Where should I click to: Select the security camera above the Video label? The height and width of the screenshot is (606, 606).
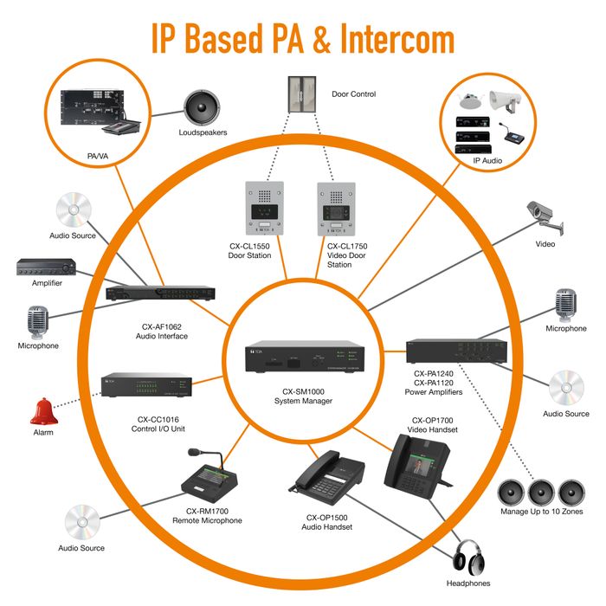[545, 217]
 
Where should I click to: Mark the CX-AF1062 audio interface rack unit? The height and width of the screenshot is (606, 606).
[161, 293]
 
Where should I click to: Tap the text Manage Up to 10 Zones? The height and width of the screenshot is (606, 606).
[541, 512]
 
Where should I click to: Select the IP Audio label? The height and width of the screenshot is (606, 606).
[487, 161]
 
